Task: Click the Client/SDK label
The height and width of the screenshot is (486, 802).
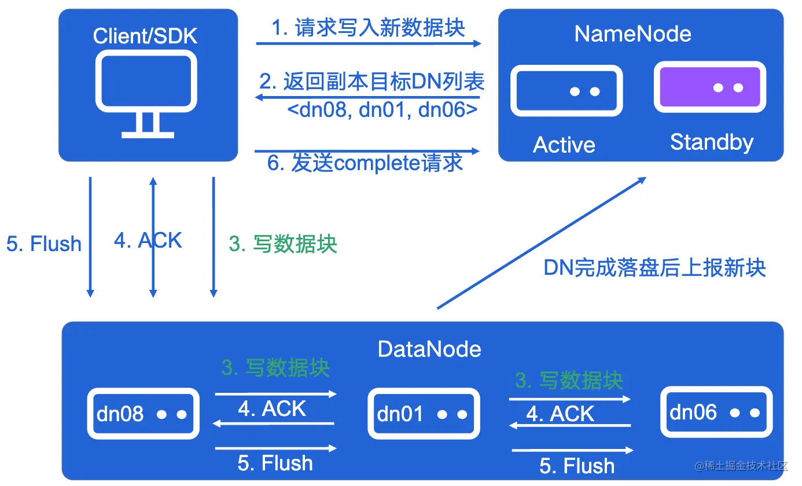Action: (145, 36)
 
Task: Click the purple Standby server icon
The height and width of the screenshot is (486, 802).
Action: (710, 87)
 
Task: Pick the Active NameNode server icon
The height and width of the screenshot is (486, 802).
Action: (566, 91)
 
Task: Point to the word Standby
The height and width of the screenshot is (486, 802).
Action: (712, 142)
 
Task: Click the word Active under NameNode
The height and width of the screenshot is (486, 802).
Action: (564, 145)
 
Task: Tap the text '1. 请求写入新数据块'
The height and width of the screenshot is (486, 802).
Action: (369, 28)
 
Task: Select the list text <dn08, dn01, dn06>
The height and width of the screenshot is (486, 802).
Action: (382, 109)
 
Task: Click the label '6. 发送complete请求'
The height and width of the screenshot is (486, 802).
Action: (365, 163)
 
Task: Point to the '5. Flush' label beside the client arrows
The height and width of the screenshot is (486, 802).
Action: (44, 244)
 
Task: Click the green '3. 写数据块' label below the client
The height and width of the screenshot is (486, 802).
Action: (283, 244)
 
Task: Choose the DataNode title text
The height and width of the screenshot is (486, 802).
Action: (429, 349)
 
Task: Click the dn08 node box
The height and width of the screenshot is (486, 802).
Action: (143, 414)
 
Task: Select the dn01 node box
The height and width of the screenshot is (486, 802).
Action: (424, 414)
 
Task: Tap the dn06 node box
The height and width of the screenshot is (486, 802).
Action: (716, 412)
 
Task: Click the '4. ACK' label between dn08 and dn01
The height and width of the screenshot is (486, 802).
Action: (272, 408)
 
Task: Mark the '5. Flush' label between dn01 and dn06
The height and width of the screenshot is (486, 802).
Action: (577, 465)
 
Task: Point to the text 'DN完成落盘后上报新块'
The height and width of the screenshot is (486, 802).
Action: (654, 267)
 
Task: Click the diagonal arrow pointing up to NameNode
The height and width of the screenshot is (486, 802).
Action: (541, 243)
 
